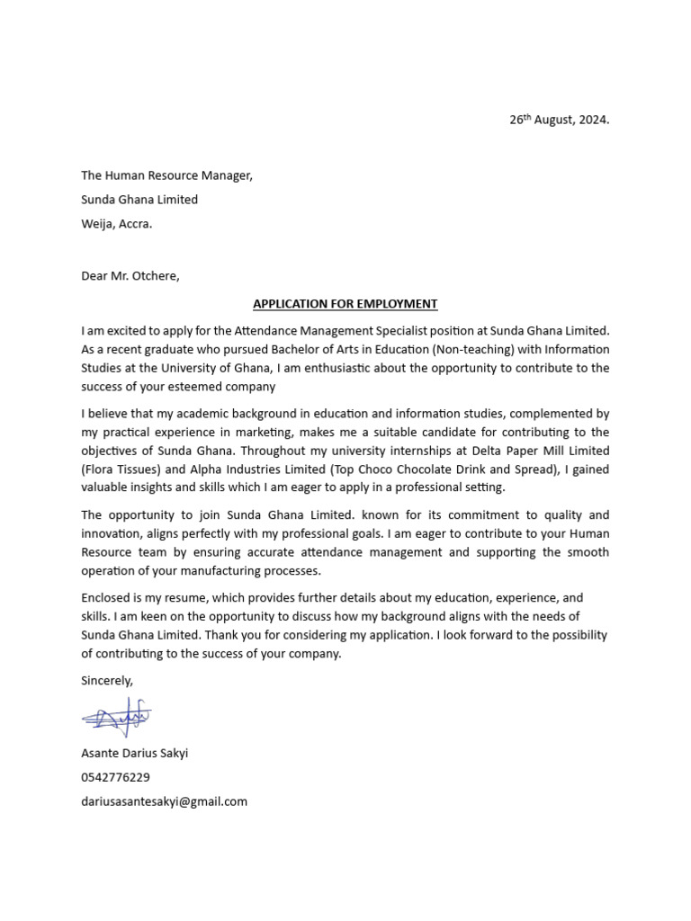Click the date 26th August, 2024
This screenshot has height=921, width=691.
coord(559,119)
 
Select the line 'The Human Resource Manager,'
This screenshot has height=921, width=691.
coord(166,175)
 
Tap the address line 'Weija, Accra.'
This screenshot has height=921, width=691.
coord(117,223)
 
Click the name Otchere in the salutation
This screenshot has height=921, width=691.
coord(157,275)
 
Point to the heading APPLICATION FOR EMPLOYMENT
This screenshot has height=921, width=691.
coord(345,303)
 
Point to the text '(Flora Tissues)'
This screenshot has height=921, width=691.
coord(122,469)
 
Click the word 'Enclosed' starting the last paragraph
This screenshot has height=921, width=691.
coord(107,597)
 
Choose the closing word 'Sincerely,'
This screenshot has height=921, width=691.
coord(107,680)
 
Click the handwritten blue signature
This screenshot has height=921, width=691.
coord(118,717)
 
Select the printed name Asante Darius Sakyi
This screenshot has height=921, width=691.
coord(135,753)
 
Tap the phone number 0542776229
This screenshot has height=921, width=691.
coord(115,777)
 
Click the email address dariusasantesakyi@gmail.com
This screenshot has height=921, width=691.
coord(164,800)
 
